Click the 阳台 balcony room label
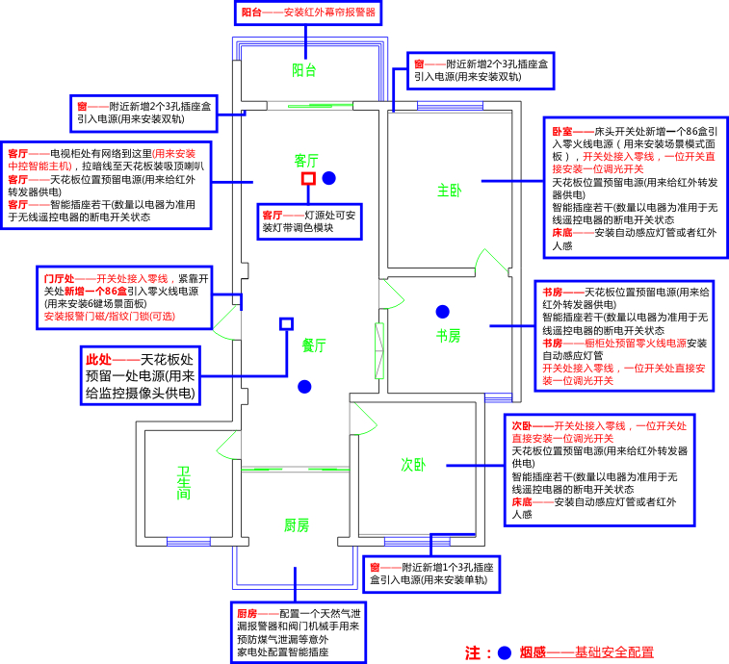click(304, 70)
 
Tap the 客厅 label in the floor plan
click(306, 161)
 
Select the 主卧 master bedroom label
click(449, 190)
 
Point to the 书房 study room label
click(448, 336)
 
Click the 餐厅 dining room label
click(314, 345)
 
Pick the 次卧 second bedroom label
click(413, 465)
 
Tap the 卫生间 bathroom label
click(184, 483)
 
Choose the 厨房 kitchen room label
click(297, 525)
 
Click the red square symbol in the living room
click(308, 178)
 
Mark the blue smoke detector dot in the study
click(443, 312)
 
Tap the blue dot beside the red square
click(328, 178)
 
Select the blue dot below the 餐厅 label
click(304, 387)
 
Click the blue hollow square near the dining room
click(286, 324)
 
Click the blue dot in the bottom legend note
click(505, 652)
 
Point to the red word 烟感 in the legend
click(533, 652)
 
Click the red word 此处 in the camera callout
click(98, 360)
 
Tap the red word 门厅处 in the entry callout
click(59, 279)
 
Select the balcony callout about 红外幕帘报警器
click(308, 13)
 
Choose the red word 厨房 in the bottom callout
click(247, 614)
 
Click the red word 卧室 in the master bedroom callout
click(562, 132)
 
